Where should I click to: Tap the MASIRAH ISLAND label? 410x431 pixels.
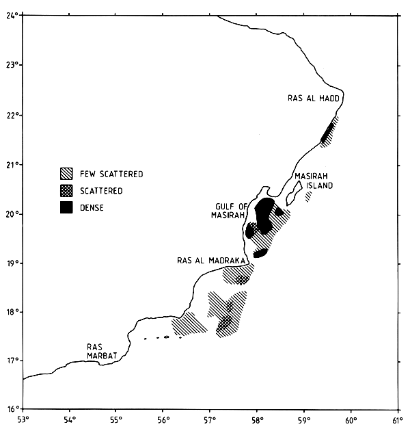click(314, 181)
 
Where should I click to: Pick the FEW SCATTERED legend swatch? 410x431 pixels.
click(67, 174)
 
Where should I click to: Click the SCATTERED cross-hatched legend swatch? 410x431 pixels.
click(67, 190)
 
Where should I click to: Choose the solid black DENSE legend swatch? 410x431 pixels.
click(67, 207)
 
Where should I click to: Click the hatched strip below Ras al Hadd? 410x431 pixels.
click(329, 132)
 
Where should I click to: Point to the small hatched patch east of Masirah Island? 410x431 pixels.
click(308, 196)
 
